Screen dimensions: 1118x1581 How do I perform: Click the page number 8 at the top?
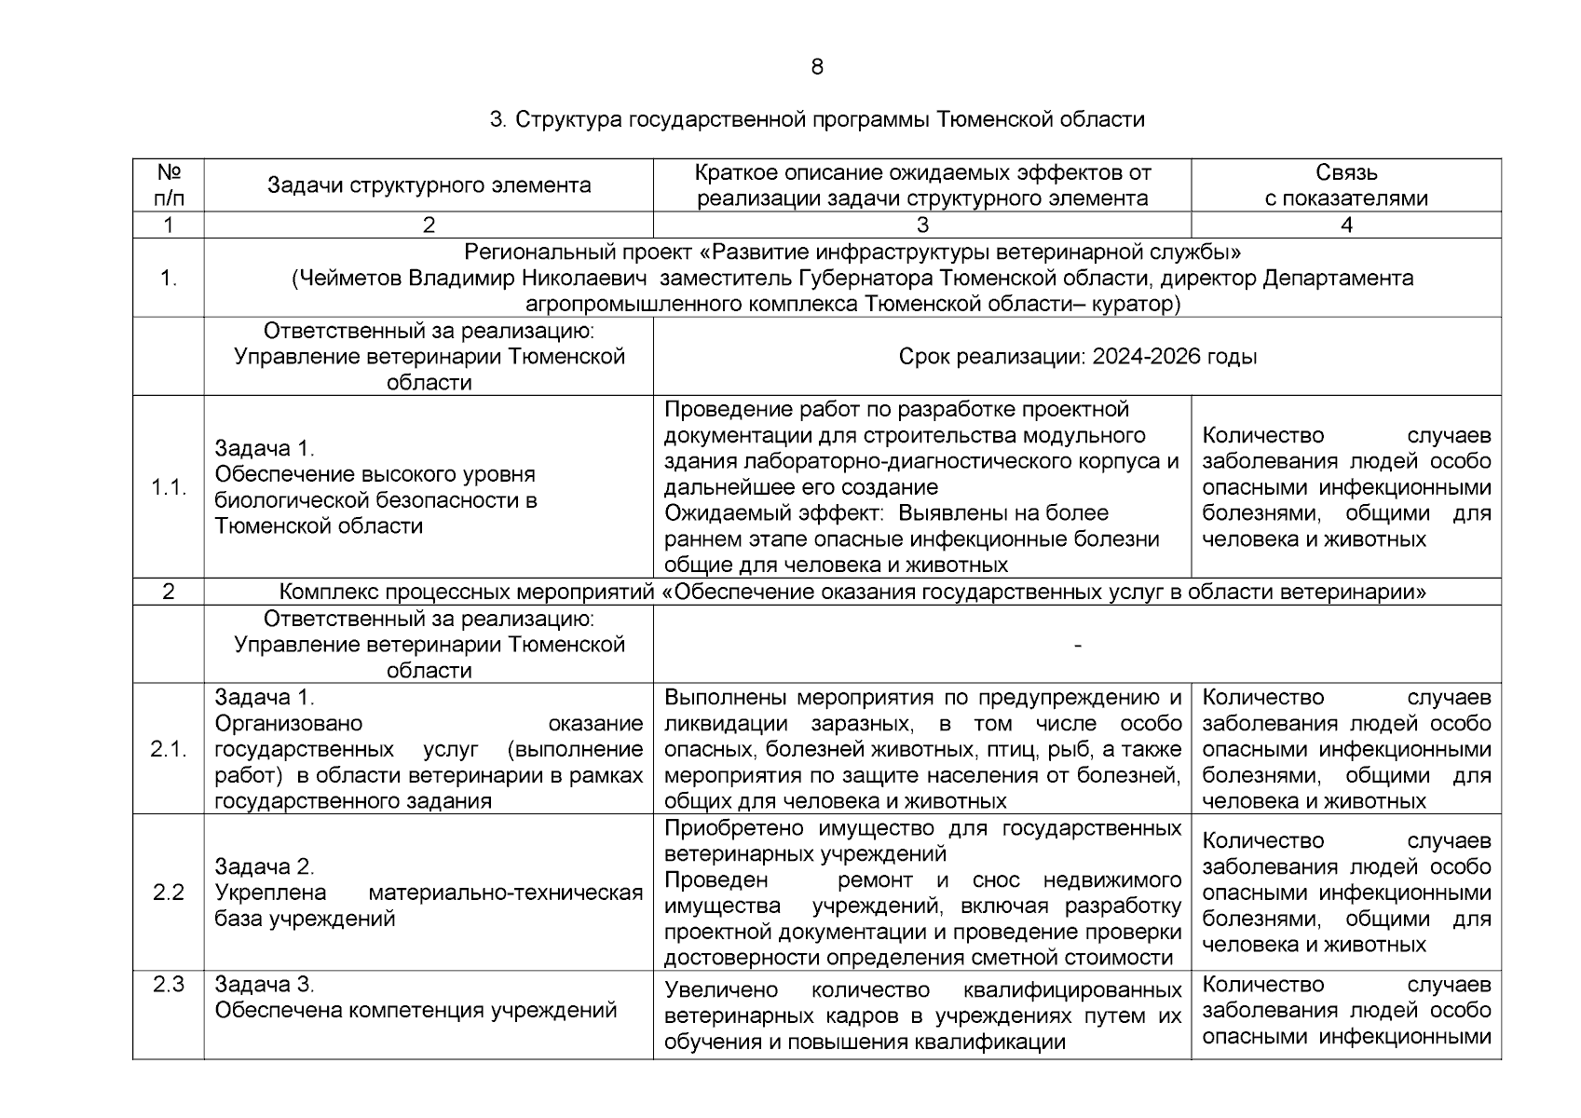[817, 67]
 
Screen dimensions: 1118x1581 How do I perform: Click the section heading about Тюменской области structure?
[817, 120]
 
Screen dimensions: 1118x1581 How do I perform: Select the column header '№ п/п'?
[169, 184]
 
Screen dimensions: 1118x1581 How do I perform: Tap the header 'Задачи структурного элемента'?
[429, 184]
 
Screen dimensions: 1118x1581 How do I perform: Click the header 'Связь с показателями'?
[1346, 184]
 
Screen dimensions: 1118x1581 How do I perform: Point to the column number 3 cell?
[921, 225]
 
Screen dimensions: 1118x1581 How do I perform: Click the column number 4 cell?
[1346, 225]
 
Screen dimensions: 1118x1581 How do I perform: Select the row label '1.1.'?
[169, 487]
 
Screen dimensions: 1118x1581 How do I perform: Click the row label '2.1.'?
[169, 749]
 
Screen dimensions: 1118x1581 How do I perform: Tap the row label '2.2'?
[169, 893]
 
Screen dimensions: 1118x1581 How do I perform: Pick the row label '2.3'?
[169, 985]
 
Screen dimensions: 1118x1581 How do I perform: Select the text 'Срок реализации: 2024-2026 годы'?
[1077, 357]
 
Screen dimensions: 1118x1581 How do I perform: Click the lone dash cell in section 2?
[1077, 645]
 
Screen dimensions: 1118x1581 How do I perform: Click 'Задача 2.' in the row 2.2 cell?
[265, 866]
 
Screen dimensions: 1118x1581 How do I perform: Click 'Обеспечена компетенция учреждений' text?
[416, 1011]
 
